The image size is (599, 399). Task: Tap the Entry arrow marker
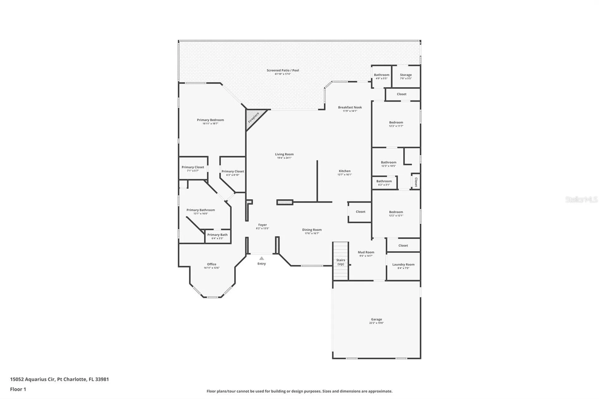click(x=261, y=258)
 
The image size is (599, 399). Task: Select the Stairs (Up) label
click(x=340, y=262)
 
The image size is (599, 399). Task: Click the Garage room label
click(x=376, y=319)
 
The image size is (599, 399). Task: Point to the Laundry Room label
click(x=403, y=265)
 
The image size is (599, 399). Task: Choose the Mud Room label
click(x=366, y=252)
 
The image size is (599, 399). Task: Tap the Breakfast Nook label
click(x=350, y=108)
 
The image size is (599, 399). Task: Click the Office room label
click(x=212, y=264)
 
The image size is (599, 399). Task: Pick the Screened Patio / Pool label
click(x=283, y=71)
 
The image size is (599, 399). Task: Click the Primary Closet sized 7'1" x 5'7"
click(x=193, y=168)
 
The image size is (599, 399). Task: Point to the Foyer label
click(x=262, y=225)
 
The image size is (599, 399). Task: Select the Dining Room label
click(x=312, y=230)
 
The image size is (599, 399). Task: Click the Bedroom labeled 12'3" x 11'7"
click(x=396, y=123)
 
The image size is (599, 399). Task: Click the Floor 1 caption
click(x=18, y=389)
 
